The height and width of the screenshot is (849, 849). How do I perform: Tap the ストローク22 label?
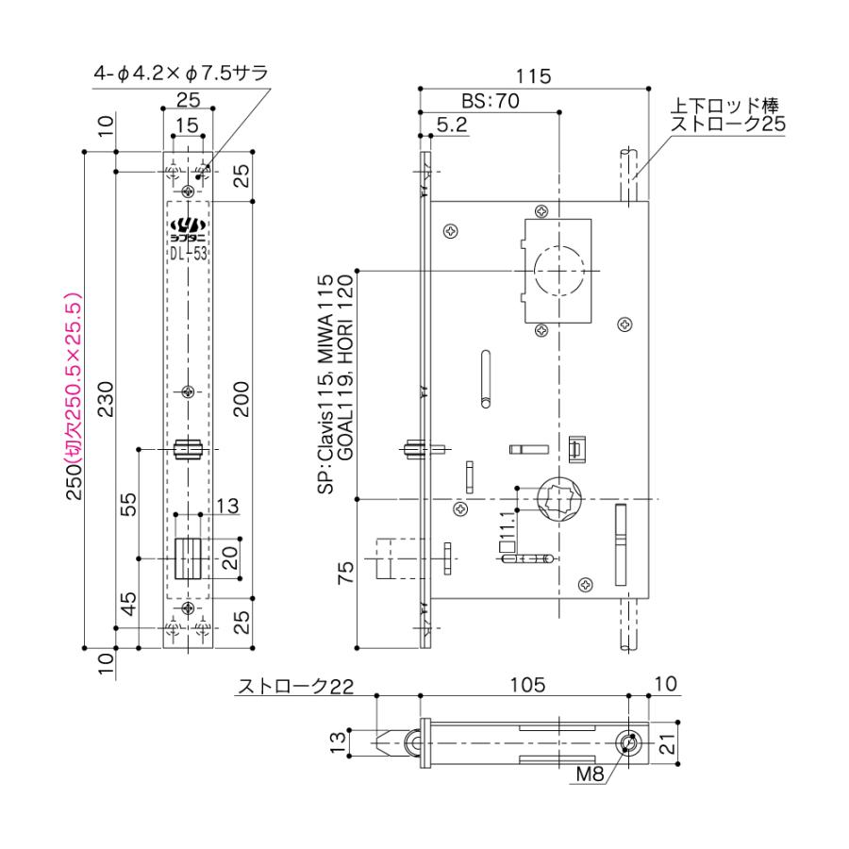(294, 686)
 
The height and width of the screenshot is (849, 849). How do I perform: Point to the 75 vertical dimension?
(346, 573)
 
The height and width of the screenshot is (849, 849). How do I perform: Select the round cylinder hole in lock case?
(559, 272)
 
